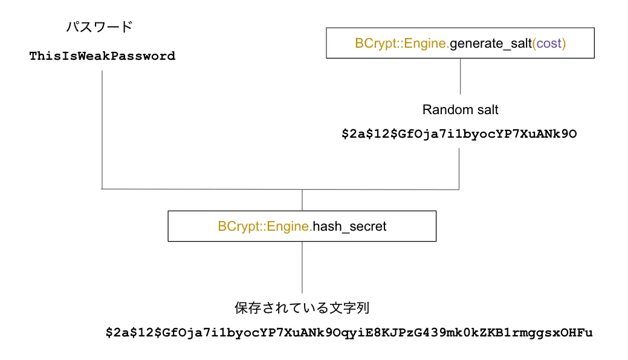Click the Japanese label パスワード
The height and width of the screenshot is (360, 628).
click(99, 27)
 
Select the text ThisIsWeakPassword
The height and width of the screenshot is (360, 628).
click(102, 56)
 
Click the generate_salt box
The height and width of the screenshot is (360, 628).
click(460, 43)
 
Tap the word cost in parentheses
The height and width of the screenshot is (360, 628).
click(549, 44)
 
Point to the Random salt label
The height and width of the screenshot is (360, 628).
click(460, 110)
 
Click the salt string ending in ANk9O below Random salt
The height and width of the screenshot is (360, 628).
click(459, 134)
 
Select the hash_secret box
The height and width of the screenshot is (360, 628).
click(302, 227)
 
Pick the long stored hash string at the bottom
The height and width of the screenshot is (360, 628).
click(349, 333)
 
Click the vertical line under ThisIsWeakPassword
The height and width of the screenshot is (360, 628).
click(102, 130)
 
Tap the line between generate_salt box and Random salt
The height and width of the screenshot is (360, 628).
click(461, 76)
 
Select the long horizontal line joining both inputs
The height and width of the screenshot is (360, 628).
click(280, 189)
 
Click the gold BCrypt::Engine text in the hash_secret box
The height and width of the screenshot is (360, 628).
click(265, 227)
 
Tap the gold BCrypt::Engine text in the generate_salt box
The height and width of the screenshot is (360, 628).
click(401, 44)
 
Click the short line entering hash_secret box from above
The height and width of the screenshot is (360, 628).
click(302, 200)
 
